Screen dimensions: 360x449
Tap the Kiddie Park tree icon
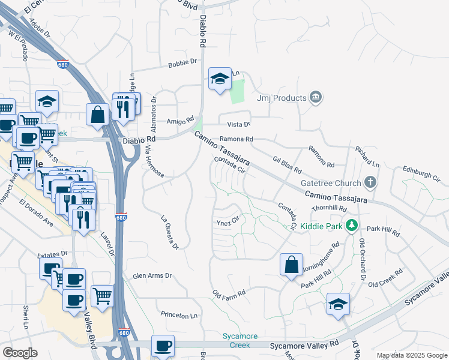[x=353, y=226]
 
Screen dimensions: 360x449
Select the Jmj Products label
[x=282, y=98]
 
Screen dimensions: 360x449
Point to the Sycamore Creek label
[x=240, y=340]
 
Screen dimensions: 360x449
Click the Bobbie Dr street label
[x=182, y=62]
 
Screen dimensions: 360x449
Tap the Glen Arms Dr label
[x=152, y=276]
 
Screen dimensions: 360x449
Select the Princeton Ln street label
[x=179, y=314]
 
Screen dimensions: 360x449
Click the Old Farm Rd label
[x=229, y=294]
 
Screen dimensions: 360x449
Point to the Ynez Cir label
[x=228, y=221]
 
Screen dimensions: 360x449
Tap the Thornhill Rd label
[x=329, y=208]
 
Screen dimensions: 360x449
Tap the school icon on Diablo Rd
[x=220, y=79]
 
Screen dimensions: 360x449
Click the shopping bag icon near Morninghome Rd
[x=291, y=265]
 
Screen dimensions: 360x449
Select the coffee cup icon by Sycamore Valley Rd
[x=163, y=346]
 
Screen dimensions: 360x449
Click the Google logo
[x=20, y=353]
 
